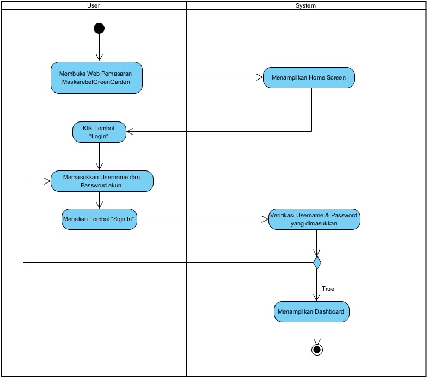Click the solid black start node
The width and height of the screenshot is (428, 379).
point(99,28)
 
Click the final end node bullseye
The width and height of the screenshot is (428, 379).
point(316,349)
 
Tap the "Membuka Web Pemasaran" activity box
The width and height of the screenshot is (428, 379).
point(97,77)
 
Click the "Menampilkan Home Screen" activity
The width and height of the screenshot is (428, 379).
point(309,77)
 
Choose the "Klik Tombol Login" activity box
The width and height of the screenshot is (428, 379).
point(99,132)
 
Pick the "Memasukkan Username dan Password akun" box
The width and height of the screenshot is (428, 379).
point(102,181)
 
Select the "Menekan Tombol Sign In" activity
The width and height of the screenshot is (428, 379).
point(99,219)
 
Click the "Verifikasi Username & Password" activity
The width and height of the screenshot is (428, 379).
point(314,219)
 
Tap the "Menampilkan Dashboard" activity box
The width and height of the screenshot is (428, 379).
point(311,312)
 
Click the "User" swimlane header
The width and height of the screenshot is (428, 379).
point(94,5)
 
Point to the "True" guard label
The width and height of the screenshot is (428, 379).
point(328,288)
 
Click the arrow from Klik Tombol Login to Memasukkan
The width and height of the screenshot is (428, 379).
point(99,157)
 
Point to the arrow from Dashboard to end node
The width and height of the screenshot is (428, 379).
point(316,333)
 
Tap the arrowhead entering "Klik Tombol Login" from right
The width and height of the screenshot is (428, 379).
point(130,131)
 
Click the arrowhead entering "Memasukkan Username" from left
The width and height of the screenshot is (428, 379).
point(47,181)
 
